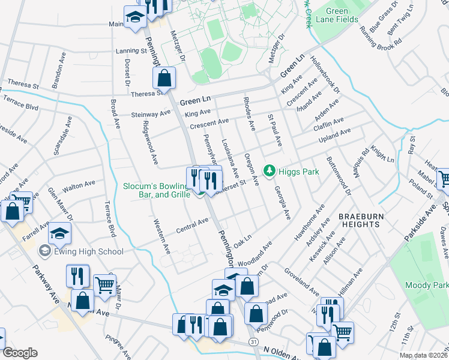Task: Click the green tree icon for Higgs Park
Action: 270,172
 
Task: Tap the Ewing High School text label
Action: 88,252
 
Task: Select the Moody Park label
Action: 426,285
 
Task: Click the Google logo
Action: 20,353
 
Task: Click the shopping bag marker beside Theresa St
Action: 164,78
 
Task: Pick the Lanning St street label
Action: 131,52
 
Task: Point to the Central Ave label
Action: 192,226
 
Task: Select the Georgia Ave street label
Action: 282,202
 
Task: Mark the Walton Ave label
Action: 79,186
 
